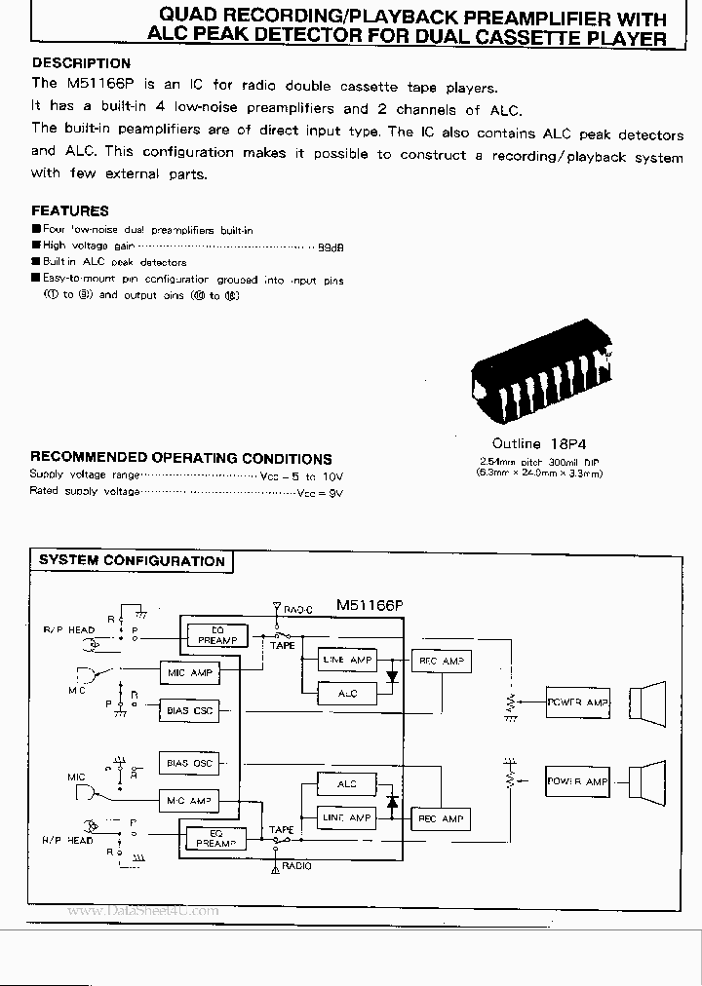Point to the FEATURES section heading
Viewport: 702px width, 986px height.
[x=69, y=210]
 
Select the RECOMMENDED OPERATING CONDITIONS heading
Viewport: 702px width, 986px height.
[x=180, y=458]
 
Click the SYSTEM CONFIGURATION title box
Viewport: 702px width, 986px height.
[x=132, y=561]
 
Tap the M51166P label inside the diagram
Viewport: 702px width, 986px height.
[x=370, y=605]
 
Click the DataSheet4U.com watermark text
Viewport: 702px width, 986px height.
[x=143, y=911]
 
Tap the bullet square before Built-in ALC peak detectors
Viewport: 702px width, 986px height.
[x=36, y=263]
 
